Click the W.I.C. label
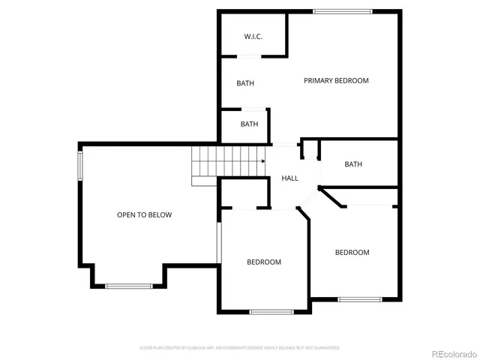252,37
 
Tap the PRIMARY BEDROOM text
336,80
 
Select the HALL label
289,178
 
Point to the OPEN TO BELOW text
144,215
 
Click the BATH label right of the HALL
352,165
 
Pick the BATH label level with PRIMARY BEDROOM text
245,83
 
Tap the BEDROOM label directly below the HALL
264,262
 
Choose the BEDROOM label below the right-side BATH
352,253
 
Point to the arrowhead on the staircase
263,160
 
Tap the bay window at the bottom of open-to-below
128,286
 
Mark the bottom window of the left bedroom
271,311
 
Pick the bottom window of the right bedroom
359,299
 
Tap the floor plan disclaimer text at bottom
239,348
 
